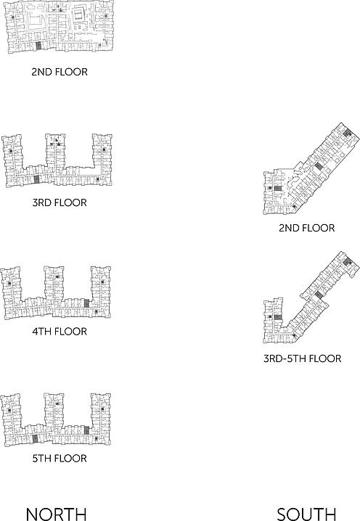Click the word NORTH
click(x=56, y=514)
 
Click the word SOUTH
click(x=306, y=514)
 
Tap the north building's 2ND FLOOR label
click(x=60, y=72)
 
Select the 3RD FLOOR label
click(x=60, y=202)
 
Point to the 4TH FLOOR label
click(x=60, y=332)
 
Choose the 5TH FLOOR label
click(x=60, y=458)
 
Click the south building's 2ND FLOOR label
click(x=307, y=228)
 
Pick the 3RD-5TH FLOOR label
click(x=302, y=358)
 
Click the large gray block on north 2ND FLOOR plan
click(x=38, y=46)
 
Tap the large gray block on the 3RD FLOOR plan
click(x=36, y=179)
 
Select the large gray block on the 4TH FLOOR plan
click(x=87, y=303)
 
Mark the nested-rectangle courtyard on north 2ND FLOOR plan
click(x=79, y=15)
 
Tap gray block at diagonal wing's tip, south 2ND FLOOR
click(x=348, y=134)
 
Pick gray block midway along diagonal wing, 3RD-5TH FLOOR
click(x=319, y=295)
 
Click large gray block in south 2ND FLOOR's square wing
click(x=278, y=189)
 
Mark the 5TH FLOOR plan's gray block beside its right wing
click(x=87, y=430)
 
